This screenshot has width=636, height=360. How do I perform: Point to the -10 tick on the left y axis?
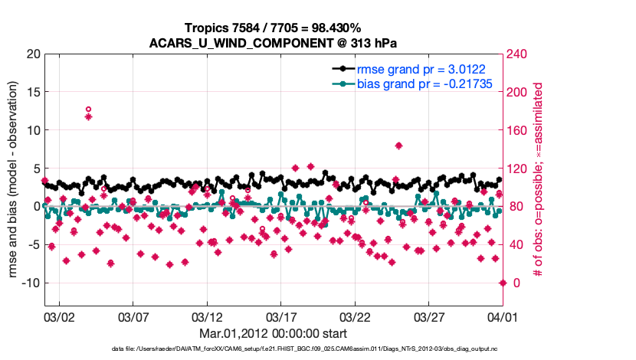pyautogui.click(x=30, y=283)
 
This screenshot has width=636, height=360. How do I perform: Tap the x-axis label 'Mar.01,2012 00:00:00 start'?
pyautogui.click(x=273, y=334)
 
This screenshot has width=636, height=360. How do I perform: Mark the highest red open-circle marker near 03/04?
pyautogui.click(x=88, y=110)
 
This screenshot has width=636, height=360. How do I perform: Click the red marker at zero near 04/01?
pyautogui.click(x=503, y=283)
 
